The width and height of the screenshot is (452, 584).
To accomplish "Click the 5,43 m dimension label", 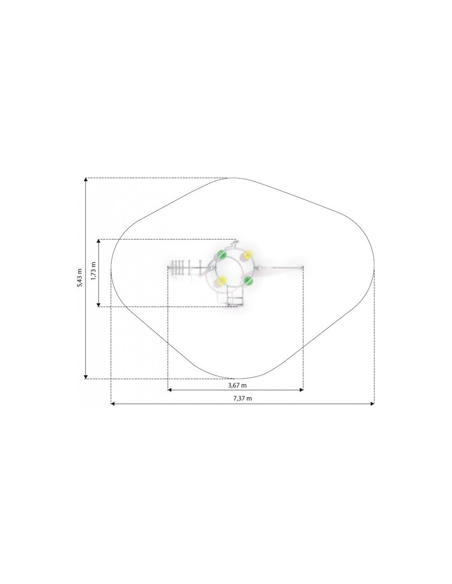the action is pos(80,278).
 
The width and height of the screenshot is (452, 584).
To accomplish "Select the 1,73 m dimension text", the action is pos(93,271).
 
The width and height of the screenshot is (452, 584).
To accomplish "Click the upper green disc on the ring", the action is pos(222,254).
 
